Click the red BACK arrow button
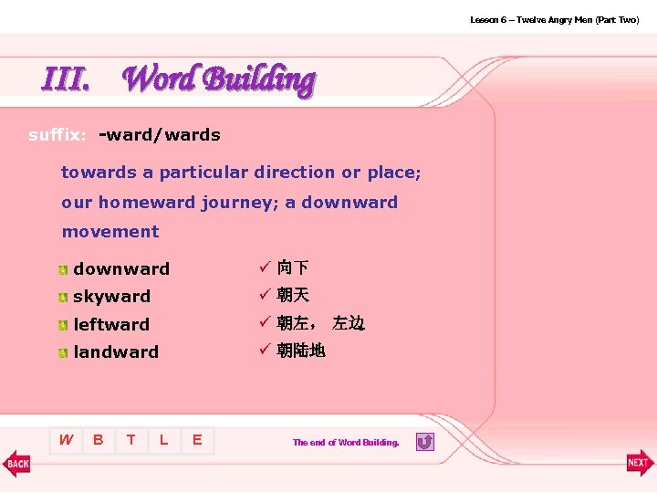17,463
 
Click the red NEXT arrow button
639,463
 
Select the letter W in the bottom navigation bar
66,440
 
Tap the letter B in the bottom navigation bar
99,440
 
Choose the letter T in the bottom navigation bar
131,440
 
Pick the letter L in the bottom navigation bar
163,440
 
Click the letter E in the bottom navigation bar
196,440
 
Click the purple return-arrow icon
424,442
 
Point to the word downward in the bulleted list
121,269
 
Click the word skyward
111,297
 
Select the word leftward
111,325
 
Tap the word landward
116,352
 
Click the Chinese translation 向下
293,268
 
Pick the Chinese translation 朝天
293,296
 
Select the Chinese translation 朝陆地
301,351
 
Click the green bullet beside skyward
61,298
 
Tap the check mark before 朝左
263,323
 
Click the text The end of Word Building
346,443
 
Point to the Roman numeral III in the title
66,80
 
